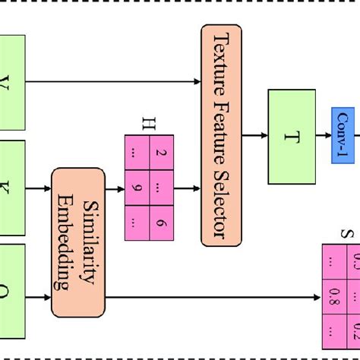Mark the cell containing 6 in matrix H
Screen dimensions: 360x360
pyautogui.click(x=161, y=221)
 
